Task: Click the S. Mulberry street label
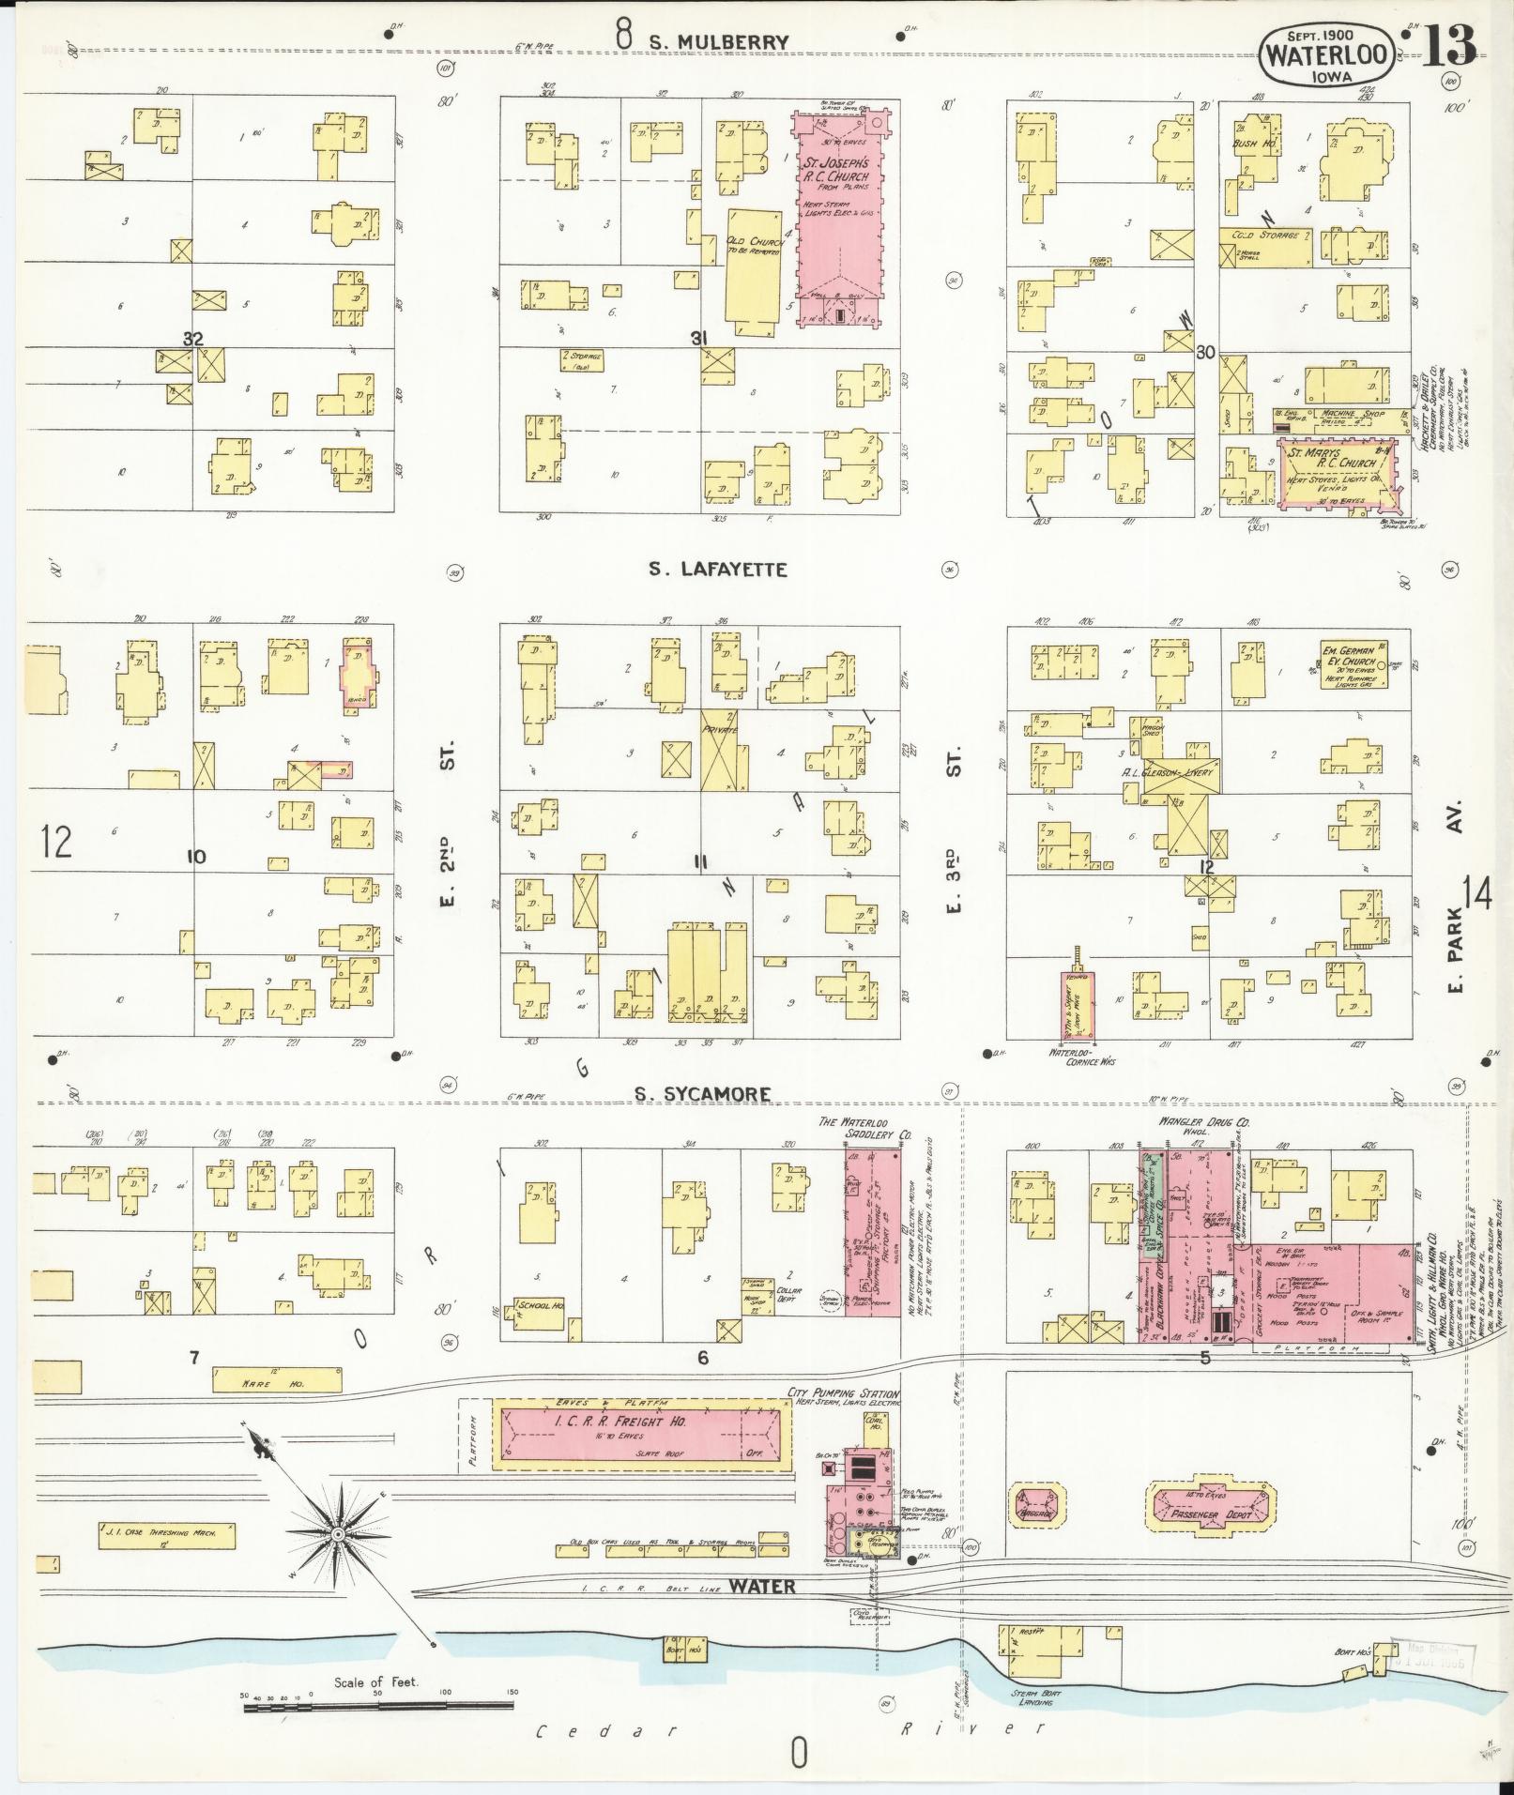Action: coord(718,41)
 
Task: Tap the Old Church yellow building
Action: coord(755,272)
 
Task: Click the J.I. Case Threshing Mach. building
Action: coord(166,1534)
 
